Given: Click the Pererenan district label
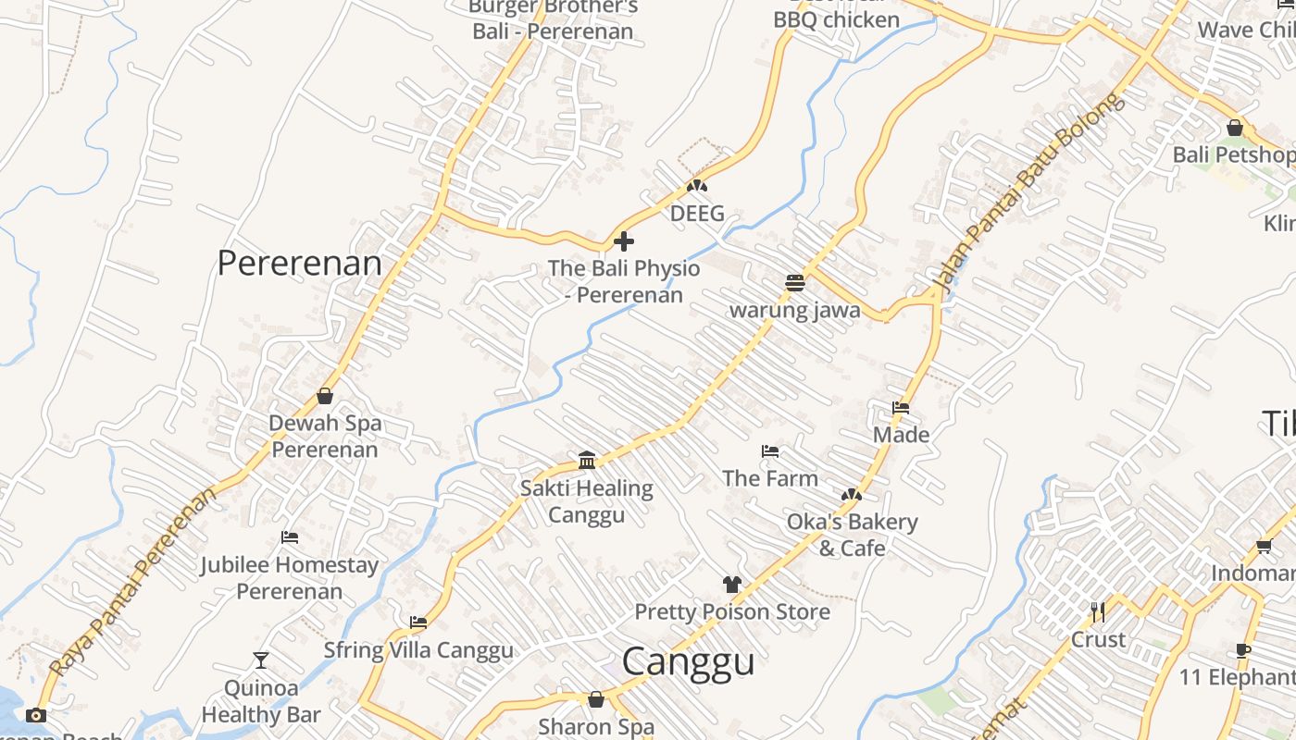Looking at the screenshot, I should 299,264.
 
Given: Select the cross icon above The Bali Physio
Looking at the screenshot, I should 624,241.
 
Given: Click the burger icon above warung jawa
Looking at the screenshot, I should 795,283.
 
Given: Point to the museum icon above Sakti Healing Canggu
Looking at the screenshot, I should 587,460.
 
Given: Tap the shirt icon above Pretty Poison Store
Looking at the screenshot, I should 732,585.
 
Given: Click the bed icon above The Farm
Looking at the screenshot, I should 770,451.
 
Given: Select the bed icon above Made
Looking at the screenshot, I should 901,408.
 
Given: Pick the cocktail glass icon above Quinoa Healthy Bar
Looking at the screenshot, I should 261,660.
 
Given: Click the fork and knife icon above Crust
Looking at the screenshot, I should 1098,612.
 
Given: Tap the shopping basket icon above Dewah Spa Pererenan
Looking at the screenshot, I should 325,396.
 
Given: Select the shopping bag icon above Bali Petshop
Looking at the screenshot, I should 1234,128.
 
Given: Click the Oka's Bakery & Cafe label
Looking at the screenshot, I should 852,535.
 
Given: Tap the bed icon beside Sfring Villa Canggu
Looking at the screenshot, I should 418,623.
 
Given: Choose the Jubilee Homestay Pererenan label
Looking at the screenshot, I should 289,577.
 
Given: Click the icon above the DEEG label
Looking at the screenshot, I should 696,187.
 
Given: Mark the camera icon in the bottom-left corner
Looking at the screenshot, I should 36,715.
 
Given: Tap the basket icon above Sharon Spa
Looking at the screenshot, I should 596,699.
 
